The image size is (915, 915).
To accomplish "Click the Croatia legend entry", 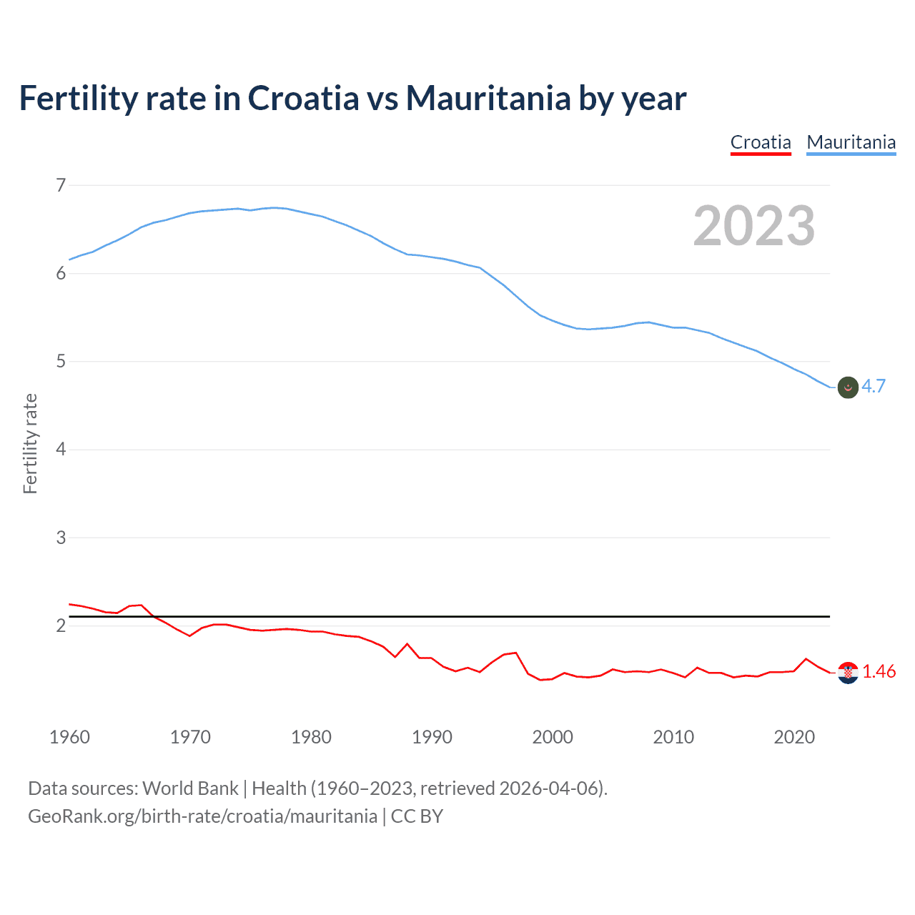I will (x=761, y=142).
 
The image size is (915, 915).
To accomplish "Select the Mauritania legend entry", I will (x=851, y=142).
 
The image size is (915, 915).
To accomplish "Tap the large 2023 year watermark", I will (x=753, y=226).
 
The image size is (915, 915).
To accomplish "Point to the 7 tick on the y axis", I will (x=61, y=185).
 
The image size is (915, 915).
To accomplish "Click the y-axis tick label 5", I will (x=61, y=362).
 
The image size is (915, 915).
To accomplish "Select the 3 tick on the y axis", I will (x=61, y=538).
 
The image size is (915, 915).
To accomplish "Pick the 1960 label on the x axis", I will (x=69, y=737).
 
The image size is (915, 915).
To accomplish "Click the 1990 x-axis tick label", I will (x=432, y=737).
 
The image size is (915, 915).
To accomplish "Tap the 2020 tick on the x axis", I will (x=794, y=737).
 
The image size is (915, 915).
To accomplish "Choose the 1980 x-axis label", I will (x=311, y=737).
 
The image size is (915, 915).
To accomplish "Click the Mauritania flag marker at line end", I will (x=848, y=387).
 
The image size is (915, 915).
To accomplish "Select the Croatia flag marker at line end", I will (x=848, y=673).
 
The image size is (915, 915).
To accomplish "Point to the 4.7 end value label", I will (x=874, y=386).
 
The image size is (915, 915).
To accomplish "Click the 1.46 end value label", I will (x=879, y=672).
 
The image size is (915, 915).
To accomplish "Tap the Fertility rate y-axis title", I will (x=30, y=443).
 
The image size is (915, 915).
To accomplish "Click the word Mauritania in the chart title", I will (x=488, y=98).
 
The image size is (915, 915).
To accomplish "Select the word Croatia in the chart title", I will (x=303, y=98).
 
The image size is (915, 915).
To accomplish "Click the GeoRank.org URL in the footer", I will (x=202, y=816).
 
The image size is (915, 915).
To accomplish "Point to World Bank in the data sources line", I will (x=190, y=788).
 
